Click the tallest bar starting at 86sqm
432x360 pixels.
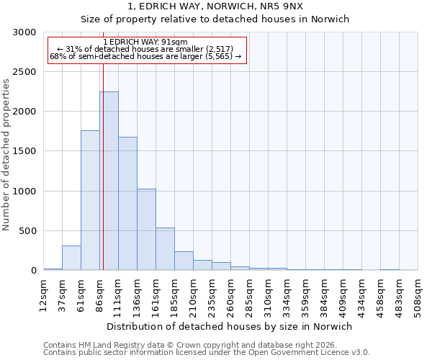click(109, 181)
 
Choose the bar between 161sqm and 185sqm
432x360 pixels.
click(165, 249)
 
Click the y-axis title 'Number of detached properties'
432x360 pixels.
click(6, 155)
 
